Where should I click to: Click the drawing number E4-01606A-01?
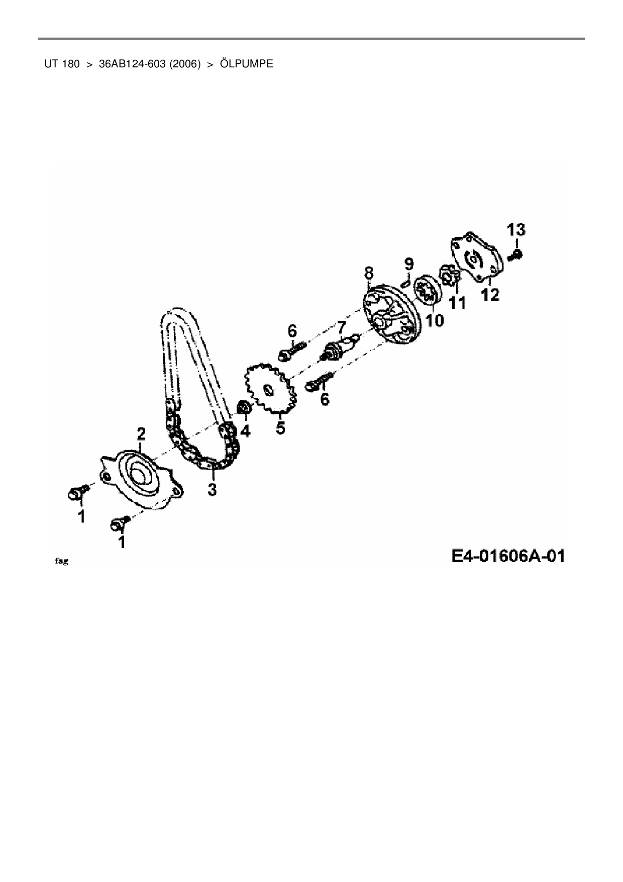click(508, 556)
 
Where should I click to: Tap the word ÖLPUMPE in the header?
click(247, 64)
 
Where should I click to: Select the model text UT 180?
click(62, 64)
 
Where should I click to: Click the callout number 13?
click(516, 230)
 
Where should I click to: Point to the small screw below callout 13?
click(515, 255)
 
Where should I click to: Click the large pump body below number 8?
click(390, 315)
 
